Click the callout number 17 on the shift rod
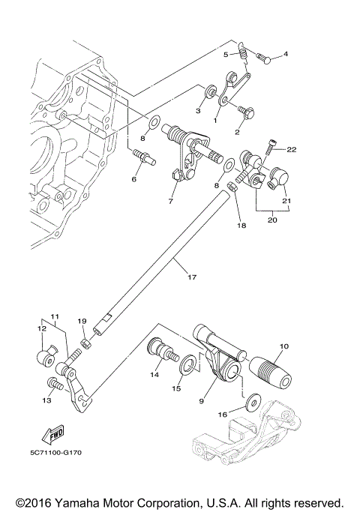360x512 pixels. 191,278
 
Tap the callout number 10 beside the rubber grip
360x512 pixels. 283,346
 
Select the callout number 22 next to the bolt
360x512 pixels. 292,149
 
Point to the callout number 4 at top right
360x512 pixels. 286,54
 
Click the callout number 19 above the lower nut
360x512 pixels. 82,321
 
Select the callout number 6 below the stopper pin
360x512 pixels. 134,179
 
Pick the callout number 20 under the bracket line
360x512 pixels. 271,220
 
